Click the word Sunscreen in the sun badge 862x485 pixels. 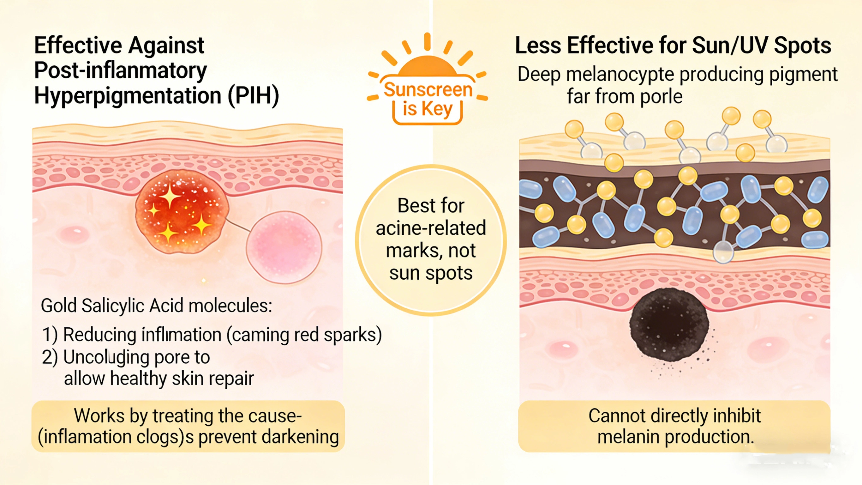pyautogui.click(x=428, y=90)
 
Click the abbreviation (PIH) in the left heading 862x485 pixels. pyautogui.click(x=253, y=96)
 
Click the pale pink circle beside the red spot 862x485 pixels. pyautogui.click(x=284, y=247)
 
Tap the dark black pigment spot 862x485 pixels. pyautogui.click(x=669, y=324)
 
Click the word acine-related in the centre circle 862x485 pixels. pyautogui.click(x=431, y=228)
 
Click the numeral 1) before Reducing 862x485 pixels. pyautogui.click(x=50, y=335)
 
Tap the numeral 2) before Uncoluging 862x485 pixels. pyautogui.click(x=50, y=357)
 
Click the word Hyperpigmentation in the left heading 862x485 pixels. pyautogui.click(x=128, y=96)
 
